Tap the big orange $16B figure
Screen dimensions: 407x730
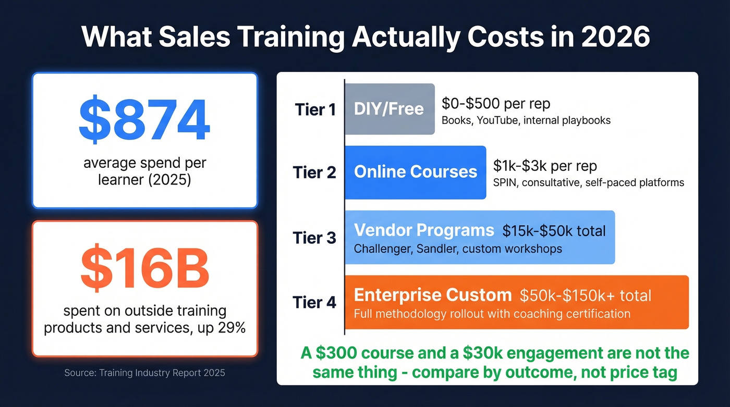point(144,271)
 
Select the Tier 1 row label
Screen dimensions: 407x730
point(315,109)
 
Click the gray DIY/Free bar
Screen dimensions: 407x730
point(389,109)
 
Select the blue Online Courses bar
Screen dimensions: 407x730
point(415,172)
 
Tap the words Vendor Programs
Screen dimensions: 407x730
point(424,230)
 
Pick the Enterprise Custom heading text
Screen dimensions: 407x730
point(432,295)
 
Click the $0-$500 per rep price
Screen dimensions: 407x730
point(495,104)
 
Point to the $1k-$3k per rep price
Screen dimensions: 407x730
point(545,166)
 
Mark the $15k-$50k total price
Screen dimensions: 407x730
point(554,230)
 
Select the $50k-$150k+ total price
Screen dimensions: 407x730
point(585,296)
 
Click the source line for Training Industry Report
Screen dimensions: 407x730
point(144,373)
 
